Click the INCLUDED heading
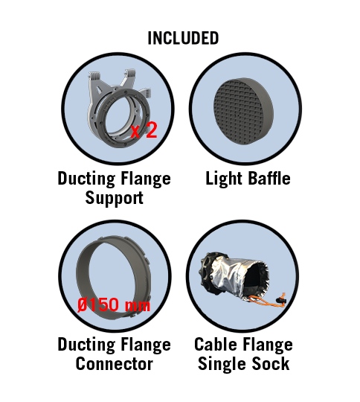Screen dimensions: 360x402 click(x=183, y=38)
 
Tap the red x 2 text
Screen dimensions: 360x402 click(x=144, y=130)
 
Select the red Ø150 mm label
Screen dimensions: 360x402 click(x=114, y=304)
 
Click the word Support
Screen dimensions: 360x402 click(x=115, y=198)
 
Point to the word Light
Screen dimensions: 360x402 click(x=224, y=179)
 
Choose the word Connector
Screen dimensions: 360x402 click(x=115, y=364)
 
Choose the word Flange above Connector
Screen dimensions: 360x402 click(x=146, y=345)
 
